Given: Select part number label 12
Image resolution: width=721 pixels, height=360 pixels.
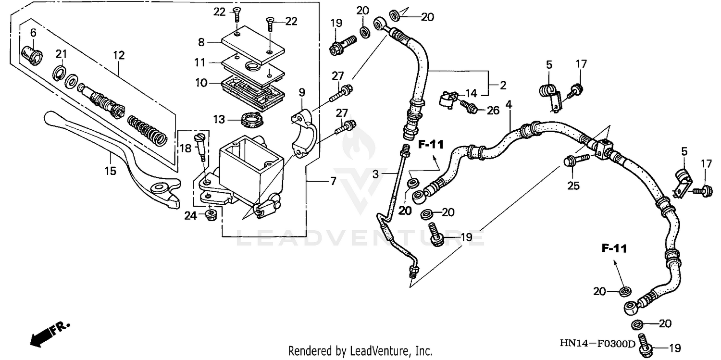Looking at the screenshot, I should click(119, 55).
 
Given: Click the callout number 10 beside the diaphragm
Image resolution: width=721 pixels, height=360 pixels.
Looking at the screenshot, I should click(201, 83).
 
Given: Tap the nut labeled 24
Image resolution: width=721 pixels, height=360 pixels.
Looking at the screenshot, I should click(210, 214).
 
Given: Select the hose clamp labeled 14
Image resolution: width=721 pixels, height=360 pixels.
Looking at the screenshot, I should click(448, 99).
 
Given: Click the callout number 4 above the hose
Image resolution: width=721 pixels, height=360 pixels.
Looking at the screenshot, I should click(509, 104).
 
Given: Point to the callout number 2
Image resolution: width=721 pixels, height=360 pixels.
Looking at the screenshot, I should click(503, 86).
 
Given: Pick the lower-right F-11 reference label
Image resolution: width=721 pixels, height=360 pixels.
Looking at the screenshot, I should click(614, 248).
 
